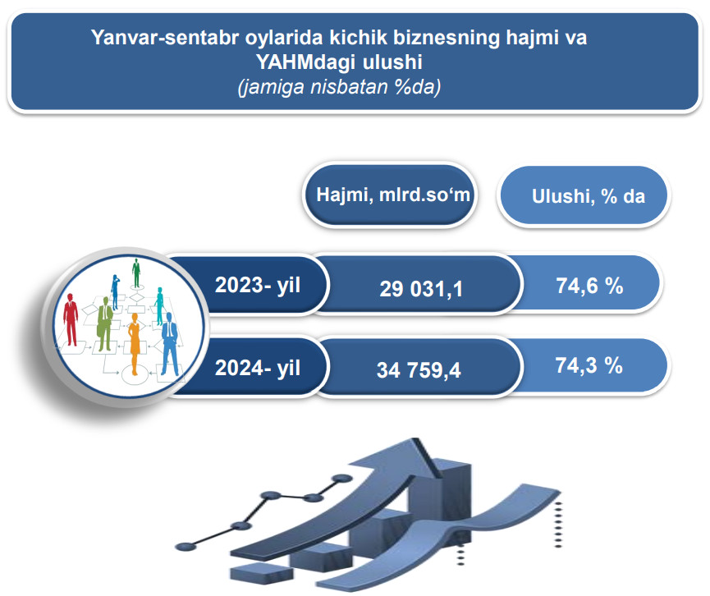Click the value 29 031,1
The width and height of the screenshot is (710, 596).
click(x=421, y=289)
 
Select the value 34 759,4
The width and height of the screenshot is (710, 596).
click(x=419, y=370)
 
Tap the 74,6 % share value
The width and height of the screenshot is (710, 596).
click(x=589, y=286)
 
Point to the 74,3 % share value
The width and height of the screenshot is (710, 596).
click(x=589, y=365)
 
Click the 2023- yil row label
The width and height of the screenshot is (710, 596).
click(x=258, y=285)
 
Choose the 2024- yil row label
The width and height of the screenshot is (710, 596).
click(x=258, y=367)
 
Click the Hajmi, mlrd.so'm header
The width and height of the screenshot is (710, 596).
click(x=393, y=195)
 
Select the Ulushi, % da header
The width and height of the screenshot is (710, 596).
click(x=589, y=196)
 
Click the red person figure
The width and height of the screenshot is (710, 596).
click(x=71, y=319)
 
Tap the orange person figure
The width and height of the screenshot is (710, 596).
click(x=135, y=344)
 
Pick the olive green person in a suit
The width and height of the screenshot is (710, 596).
click(x=104, y=323)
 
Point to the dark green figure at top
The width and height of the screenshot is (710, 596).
click(x=135, y=273)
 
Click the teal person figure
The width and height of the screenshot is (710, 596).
click(x=159, y=306)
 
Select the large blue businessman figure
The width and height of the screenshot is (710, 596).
click(x=169, y=344)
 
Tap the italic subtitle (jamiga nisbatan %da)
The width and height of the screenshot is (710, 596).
click(x=339, y=86)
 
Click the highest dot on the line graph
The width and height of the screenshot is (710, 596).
click(x=342, y=479)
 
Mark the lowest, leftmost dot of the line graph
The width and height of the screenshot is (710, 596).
click(x=185, y=547)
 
